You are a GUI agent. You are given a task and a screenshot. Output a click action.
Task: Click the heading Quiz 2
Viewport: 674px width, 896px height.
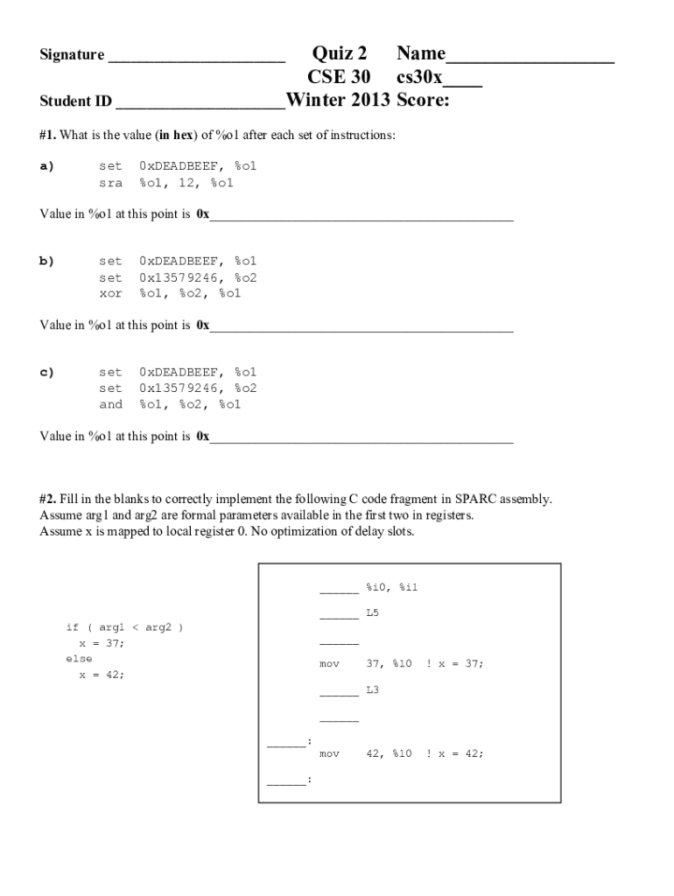pyautogui.click(x=340, y=54)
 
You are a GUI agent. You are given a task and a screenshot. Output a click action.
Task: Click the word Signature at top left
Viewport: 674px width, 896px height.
pyautogui.click(x=72, y=55)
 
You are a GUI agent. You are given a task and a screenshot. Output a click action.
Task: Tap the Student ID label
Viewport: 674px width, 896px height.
pyautogui.click(x=76, y=101)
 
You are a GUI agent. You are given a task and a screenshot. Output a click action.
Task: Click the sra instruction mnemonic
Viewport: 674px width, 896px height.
pyautogui.click(x=110, y=183)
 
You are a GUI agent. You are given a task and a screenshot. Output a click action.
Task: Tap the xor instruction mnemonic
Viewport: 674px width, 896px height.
pyautogui.click(x=110, y=293)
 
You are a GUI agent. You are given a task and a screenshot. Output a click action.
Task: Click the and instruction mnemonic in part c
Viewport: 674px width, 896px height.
pyautogui.click(x=110, y=404)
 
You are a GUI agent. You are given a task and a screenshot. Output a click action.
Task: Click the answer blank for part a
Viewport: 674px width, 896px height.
pyautogui.click(x=361, y=214)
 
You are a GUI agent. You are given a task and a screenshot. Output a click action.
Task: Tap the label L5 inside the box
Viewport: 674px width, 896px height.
pyautogui.click(x=373, y=612)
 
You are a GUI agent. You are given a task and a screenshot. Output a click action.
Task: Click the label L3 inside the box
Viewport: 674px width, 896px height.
pyautogui.click(x=373, y=690)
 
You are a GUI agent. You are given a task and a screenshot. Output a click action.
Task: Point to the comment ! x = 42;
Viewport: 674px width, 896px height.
pyautogui.click(x=454, y=753)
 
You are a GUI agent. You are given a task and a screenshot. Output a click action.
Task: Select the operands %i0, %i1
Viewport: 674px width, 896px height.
pyautogui.click(x=392, y=587)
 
